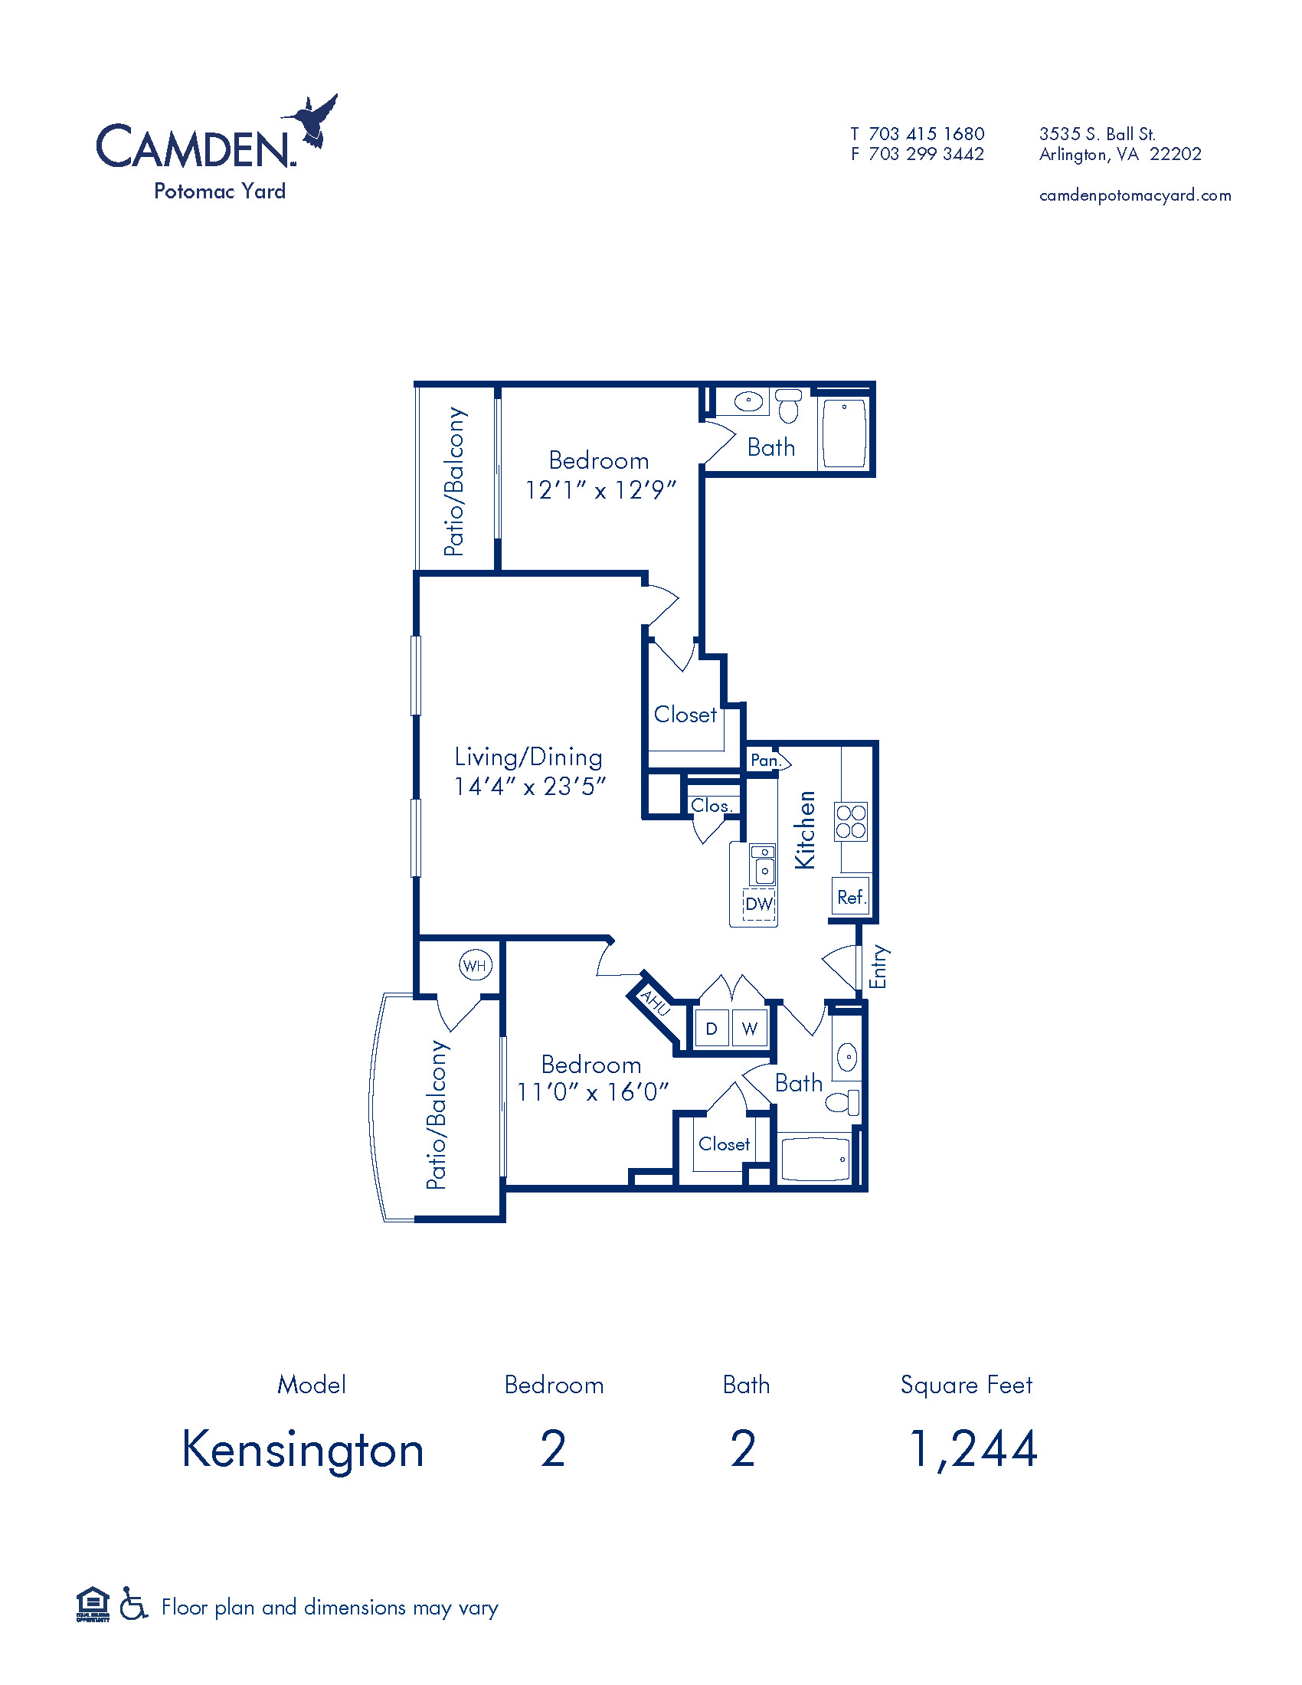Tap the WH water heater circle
click(475, 965)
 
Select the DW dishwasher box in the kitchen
click(759, 904)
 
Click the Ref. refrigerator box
click(851, 896)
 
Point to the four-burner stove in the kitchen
click(851, 822)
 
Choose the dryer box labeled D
click(712, 1028)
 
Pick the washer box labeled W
click(749, 1028)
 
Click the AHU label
click(656, 1003)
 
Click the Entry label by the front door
click(878, 967)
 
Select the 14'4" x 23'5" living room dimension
click(529, 786)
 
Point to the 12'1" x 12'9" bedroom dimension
click(600, 490)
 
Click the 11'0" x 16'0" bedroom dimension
click(592, 1092)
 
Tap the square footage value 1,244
click(973, 1449)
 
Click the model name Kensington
click(303, 1451)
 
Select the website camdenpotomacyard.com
click(1135, 195)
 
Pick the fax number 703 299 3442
click(927, 154)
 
